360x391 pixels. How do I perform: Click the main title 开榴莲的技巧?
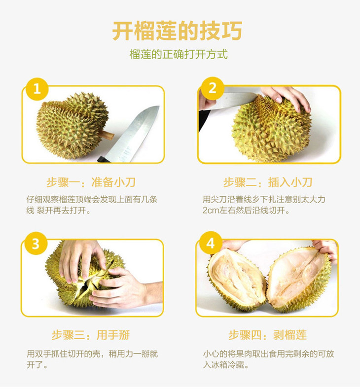point(178,31)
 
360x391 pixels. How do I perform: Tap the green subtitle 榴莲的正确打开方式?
point(179,54)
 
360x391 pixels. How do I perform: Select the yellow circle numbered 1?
point(37,89)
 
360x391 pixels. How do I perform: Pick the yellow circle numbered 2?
point(213,88)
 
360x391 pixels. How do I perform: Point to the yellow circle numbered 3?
point(36,244)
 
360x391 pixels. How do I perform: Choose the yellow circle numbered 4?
point(211,243)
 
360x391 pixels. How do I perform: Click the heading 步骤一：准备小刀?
point(91,182)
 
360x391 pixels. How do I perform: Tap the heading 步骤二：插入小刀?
point(268,182)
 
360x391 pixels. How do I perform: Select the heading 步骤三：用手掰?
point(91,335)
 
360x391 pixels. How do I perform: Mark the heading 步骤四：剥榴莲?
point(268,335)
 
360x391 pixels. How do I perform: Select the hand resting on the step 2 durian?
point(286,98)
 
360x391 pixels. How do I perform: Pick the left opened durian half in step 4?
point(237,279)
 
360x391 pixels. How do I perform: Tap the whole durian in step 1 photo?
point(72,125)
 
